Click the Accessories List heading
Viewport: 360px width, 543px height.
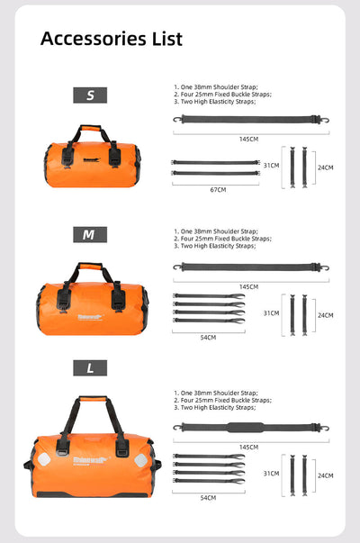tap(112, 39)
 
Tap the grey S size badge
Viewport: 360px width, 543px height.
tap(89, 95)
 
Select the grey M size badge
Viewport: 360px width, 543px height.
tap(89, 234)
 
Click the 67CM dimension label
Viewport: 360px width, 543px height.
tap(218, 190)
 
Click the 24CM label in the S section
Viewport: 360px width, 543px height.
tap(325, 167)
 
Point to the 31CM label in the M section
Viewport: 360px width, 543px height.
tap(270, 312)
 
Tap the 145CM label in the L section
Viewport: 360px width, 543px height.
tap(249, 446)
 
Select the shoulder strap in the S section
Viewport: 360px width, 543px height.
tap(249, 119)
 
